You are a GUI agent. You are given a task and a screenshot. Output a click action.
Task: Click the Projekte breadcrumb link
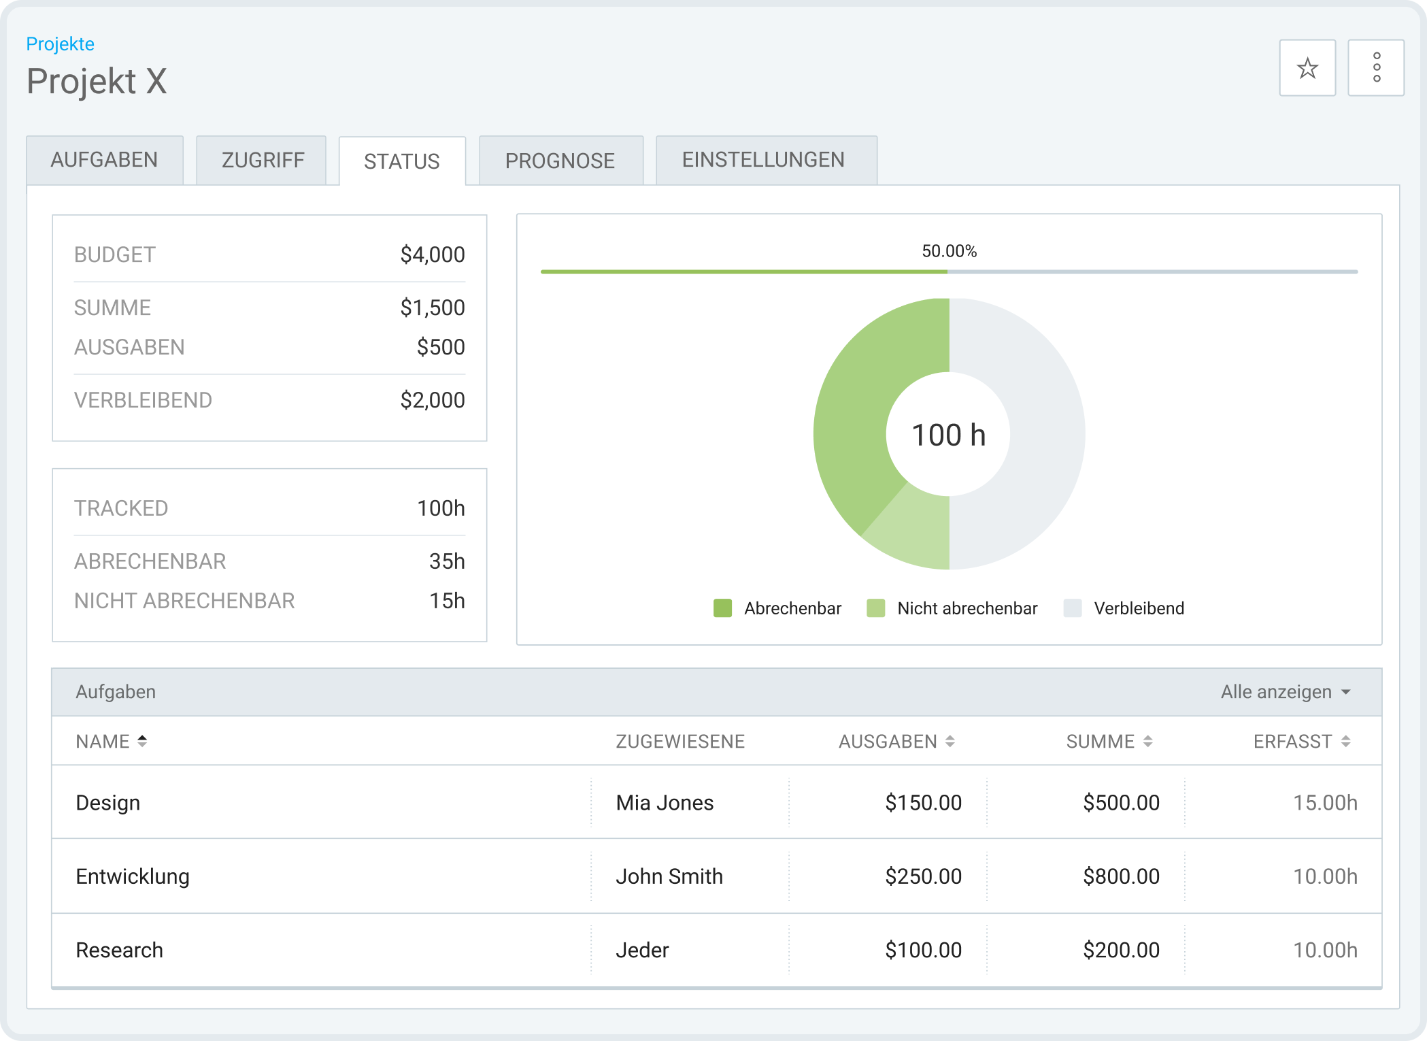pos(60,44)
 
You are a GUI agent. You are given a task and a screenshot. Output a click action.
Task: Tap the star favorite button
pos(1307,68)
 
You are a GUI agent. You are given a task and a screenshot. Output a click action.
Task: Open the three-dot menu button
pos(1375,68)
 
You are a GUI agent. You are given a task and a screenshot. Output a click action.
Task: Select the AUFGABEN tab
pos(104,160)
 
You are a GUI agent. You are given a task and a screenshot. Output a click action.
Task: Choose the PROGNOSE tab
pos(560,161)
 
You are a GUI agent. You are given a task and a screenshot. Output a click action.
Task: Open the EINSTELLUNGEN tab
pos(763,160)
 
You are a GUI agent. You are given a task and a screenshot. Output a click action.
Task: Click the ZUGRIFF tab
pos(263,161)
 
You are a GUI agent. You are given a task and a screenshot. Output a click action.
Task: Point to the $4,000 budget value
pos(432,254)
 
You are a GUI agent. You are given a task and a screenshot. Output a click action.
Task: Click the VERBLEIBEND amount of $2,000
pos(432,400)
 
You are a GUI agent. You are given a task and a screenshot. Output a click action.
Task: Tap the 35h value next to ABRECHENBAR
pos(446,561)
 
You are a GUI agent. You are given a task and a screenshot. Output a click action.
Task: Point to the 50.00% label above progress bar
pos(949,251)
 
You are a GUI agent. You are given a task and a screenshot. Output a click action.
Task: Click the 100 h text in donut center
pos(948,435)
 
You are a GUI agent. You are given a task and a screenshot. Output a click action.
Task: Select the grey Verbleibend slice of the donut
pos(1041,435)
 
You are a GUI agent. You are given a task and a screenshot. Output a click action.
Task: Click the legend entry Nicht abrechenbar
pos(952,608)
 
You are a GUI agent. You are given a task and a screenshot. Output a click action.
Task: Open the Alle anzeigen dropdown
pos(1284,692)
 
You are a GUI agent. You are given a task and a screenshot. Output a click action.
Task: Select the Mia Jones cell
pos(665,803)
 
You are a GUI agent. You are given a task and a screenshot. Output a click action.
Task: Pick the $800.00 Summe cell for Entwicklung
pos(1121,876)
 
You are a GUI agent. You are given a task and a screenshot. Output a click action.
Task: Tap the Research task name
pos(120,950)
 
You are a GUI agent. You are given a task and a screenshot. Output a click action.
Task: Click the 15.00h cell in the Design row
pos(1324,803)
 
